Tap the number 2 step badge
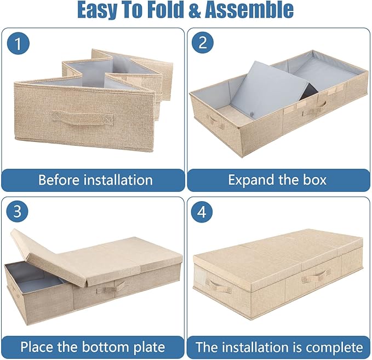click(203, 43)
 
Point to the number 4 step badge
click(203, 212)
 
